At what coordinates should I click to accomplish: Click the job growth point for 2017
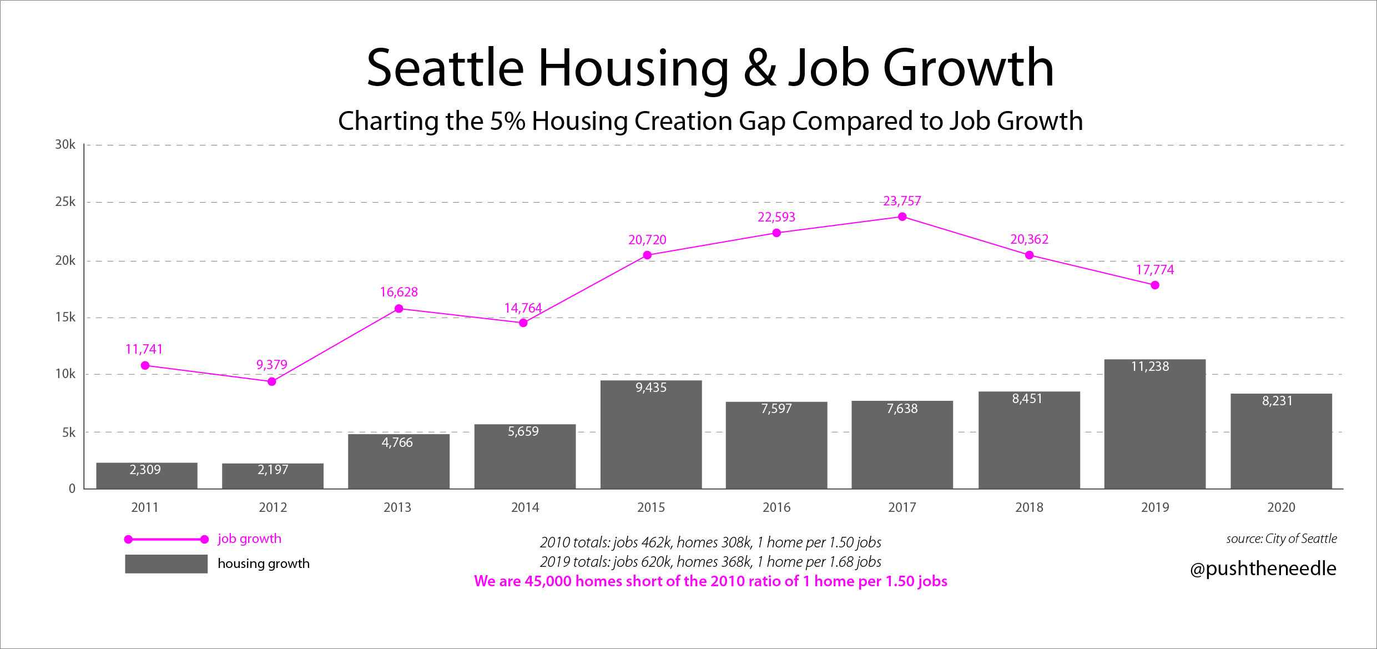(902, 217)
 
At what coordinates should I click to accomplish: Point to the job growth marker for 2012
(272, 381)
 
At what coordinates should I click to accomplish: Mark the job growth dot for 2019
(1155, 285)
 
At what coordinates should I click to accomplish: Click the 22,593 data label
(776, 217)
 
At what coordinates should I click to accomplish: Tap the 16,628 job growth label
(399, 292)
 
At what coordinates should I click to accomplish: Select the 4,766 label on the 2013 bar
(397, 442)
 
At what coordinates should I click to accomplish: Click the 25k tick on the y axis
(65, 202)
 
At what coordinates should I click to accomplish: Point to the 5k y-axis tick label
(69, 432)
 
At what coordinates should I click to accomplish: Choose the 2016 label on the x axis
(776, 507)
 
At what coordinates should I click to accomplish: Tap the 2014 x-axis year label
(525, 507)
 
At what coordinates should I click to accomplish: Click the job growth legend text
(249, 539)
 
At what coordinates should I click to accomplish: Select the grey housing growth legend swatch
(166, 564)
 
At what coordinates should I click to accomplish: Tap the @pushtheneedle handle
(1263, 568)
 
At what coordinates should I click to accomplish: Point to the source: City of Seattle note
(1281, 539)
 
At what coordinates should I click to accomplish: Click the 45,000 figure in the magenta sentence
(548, 581)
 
